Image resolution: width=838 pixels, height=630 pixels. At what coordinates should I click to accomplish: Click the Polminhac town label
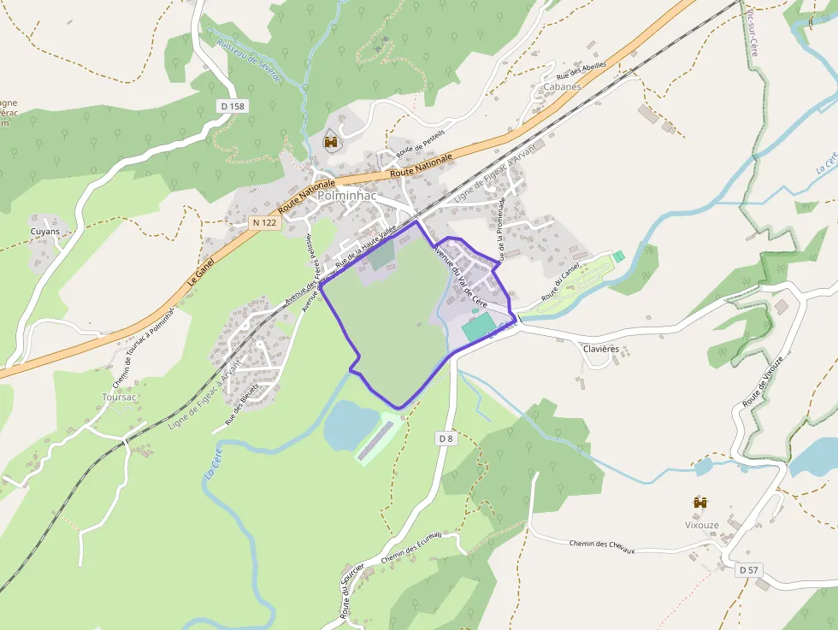(x=347, y=195)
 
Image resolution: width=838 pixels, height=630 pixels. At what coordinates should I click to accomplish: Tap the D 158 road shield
(x=232, y=106)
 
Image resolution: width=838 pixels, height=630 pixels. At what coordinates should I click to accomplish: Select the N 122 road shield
(x=264, y=222)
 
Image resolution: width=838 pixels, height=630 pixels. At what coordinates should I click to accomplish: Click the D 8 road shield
(x=446, y=439)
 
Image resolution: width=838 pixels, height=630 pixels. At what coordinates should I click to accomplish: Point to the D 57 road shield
(x=748, y=570)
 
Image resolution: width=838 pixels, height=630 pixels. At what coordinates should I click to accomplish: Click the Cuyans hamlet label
(x=45, y=232)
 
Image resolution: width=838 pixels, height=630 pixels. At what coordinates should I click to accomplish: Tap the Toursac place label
(x=119, y=397)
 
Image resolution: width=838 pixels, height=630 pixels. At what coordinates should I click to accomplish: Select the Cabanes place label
(x=562, y=86)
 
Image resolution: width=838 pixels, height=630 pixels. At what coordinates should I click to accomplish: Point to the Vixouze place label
(x=701, y=525)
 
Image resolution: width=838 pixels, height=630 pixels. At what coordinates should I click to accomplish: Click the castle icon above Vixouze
(x=701, y=503)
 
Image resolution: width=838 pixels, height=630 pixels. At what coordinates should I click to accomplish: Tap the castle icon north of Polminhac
(x=331, y=142)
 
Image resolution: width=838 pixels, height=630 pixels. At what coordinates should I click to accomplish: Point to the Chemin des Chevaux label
(x=602, y=545)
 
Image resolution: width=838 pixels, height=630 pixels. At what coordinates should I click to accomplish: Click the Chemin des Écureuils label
(x=412, y=547)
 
